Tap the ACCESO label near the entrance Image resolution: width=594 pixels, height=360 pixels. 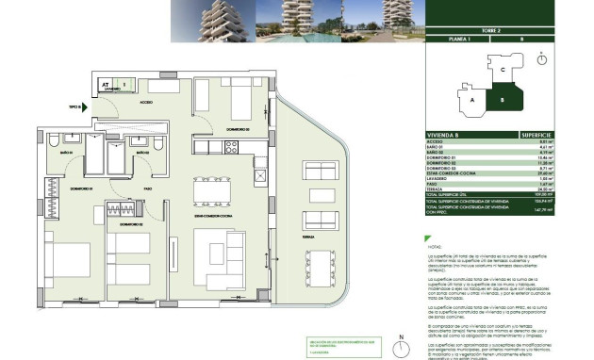pyautogui.click(x=147, y=100)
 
